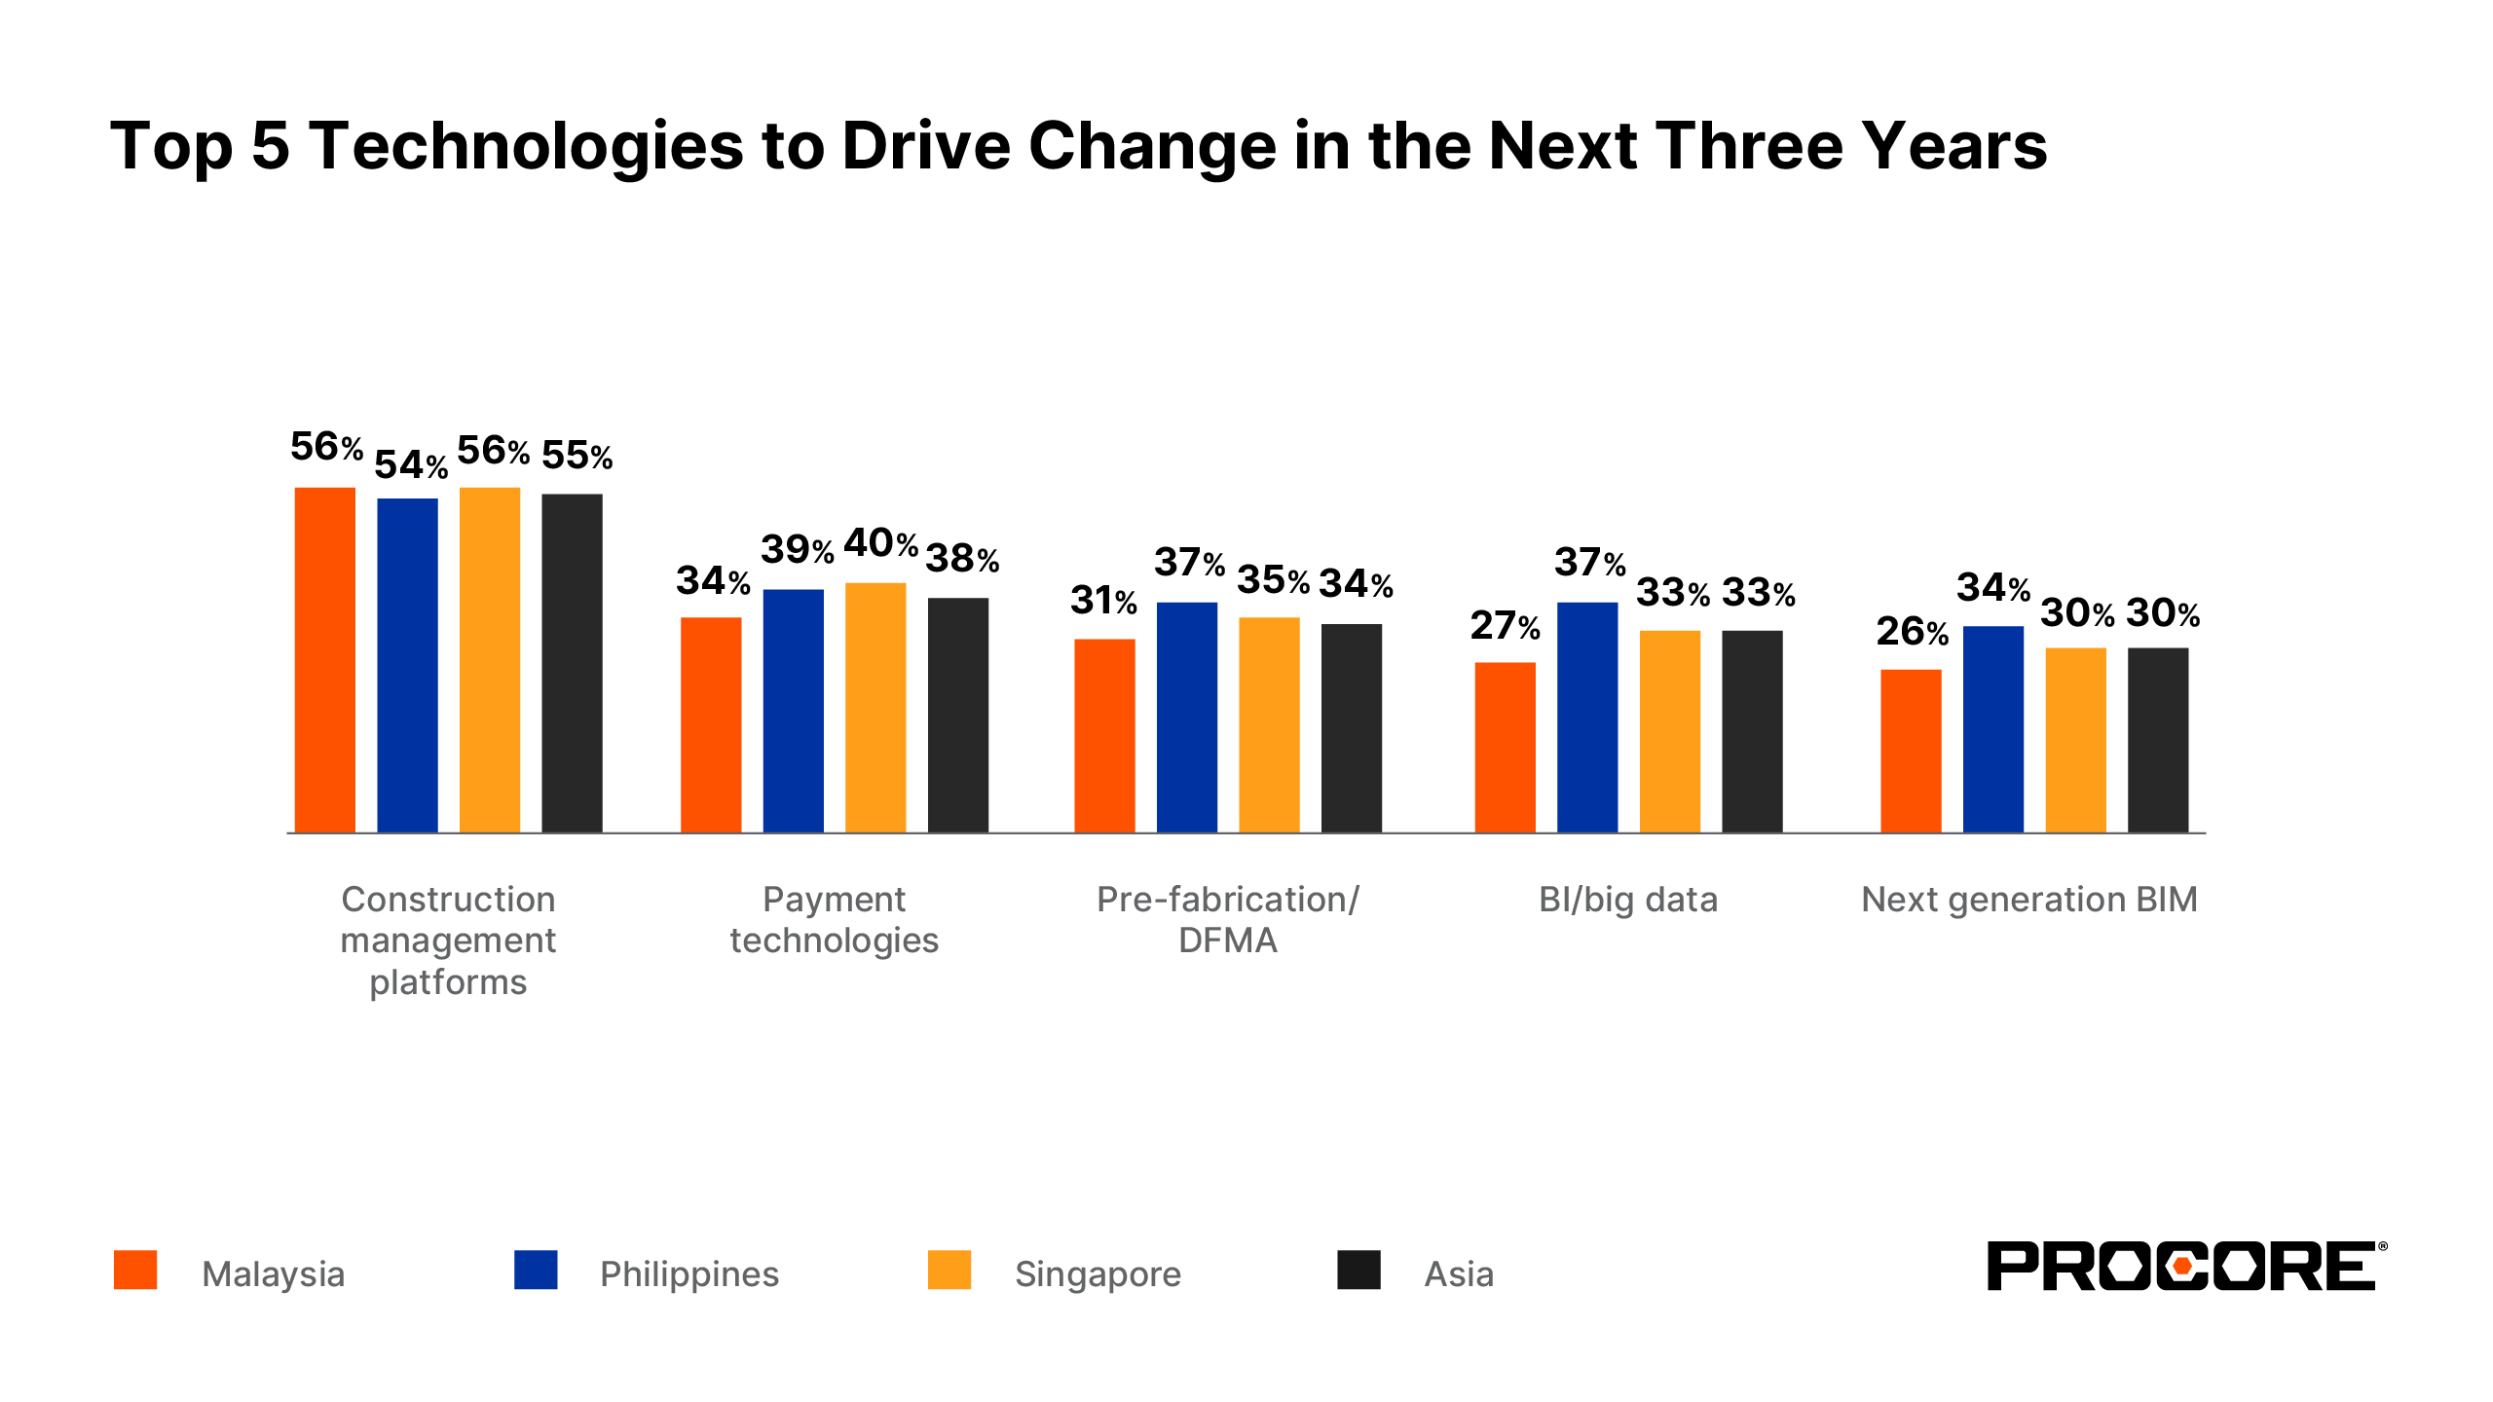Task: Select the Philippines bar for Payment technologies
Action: click(x=793, y=711)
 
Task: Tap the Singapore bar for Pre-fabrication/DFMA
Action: click(x=1269, y=724)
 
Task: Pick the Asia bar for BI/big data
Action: click(x=1752, y=731)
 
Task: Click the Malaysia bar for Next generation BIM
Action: click(x=1911, y=751)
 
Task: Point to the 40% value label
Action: click(x=880, y=543)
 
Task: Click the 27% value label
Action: click(x=1505, y=626)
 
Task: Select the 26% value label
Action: click(x=1912, y=632)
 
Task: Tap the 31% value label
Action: click(x=1103, y=601)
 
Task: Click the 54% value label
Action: click(x=410, y=465)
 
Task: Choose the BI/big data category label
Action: click(x=1627, y=900)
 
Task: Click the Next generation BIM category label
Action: click(x=2028, y=900)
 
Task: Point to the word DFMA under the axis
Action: click(x=1227, y=941)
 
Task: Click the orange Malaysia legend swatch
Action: click(x=135, y=1270)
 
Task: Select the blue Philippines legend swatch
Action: click(x=536, y=1270)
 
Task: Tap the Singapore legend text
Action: click(x=1098, y=1274)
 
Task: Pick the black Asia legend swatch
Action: click(x=1358, y=1270)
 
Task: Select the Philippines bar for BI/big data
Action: click(x=1587, y=718)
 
